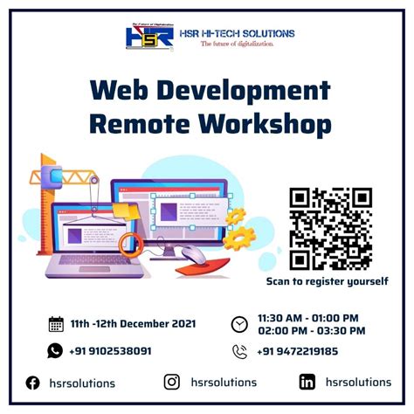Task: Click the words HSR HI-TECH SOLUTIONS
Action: (x=237, y=33)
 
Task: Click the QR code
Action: (x=330, y=229)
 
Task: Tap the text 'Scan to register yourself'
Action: (x=328, y=281)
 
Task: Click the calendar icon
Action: (x=56, y=324)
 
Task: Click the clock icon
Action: (x=239, y=324)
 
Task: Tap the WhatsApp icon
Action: (x=56, y=351)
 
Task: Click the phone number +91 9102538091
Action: (x=111, y=351)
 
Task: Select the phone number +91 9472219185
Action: (x=297, y=351)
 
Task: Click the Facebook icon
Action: (x=32, y=383)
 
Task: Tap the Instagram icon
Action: (x=172, y=382)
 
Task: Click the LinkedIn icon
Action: (x=307, y=382)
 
